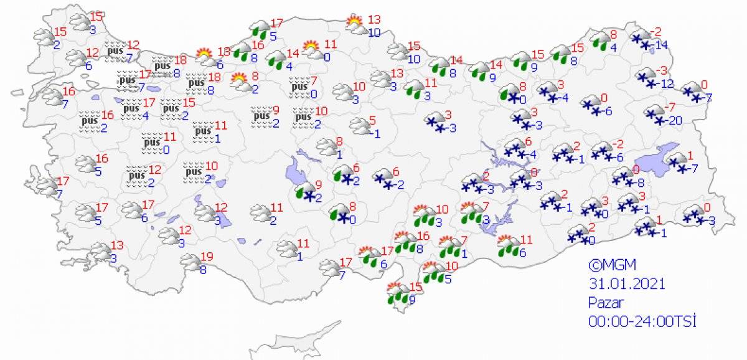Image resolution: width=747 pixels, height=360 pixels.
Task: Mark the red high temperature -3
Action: [x=664, y=70]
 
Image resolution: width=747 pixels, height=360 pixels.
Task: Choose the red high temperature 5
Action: [x=372, y=120]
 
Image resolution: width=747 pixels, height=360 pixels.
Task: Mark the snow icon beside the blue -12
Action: [x=647, y=78]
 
